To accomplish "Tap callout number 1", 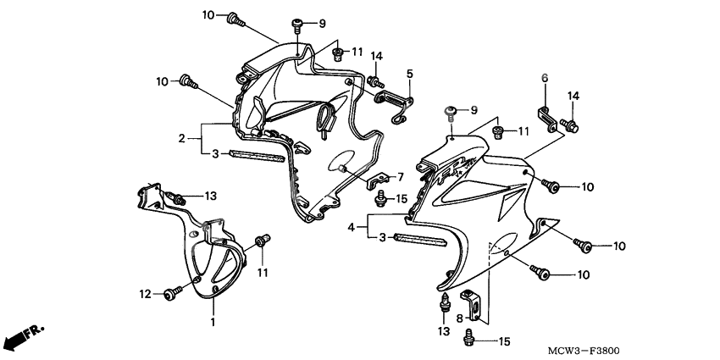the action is pyautogui.click(x=213, y=323).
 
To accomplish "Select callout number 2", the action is pyautogui.click(x=181, y=138).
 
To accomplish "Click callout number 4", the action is pyautogui.click(x=352, y=227).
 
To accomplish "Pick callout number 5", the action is pyautogui.click(x=410, y=74).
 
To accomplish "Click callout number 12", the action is pyautogui.click(x=145, y=294).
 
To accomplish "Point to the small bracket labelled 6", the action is pyautogui.click(x=547, y=119).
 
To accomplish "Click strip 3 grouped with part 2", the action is pyautogui.click(x=257, y=156).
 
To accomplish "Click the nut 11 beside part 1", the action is pyautogui.click(x=263, y=241).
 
